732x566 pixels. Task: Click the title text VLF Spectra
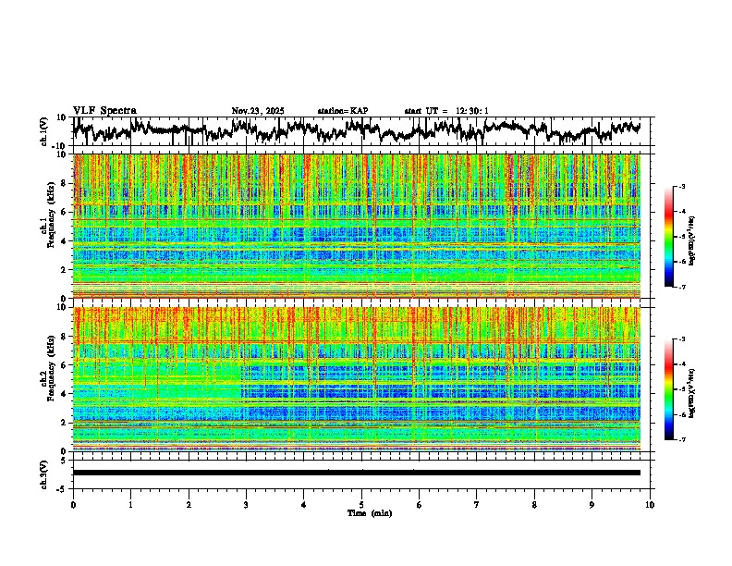tap(104, 110)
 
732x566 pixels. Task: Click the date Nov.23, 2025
tap(258, 111)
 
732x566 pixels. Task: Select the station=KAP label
tap(342, 111)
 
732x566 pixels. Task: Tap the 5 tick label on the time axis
tap(361, 504)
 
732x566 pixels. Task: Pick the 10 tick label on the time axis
tap(650, 504)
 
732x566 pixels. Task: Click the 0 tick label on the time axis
tap(73, 504)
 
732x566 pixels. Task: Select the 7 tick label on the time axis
tap(477, 504)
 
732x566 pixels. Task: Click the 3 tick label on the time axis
tap(246, 504)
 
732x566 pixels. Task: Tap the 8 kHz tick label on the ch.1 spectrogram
tap(64, 183)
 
